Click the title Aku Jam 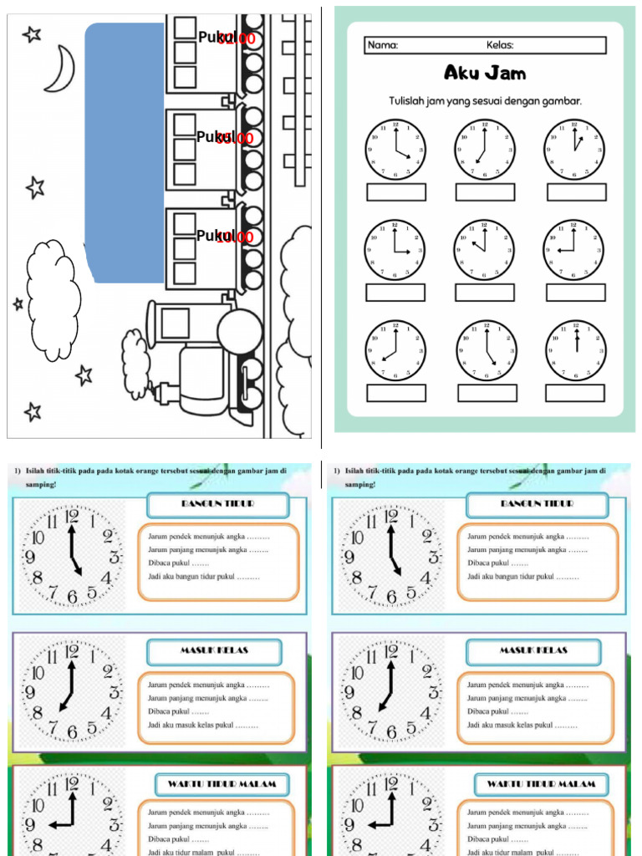coord(485,73)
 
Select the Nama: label coord(383,45)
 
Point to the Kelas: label coord(500,45)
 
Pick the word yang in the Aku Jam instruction coord(451,102)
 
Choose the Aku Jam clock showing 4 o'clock coord(395,150)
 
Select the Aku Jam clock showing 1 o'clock coord(574,150)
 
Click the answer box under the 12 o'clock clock coord(575,393)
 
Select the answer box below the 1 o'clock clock coord(576,191)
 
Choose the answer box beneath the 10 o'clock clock coord(485,293)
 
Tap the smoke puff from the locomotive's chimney coord(136,364)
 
